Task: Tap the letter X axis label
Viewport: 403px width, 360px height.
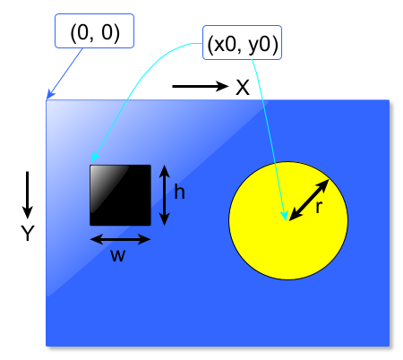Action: [243, 88]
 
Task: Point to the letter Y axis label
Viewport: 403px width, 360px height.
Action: [28, 233]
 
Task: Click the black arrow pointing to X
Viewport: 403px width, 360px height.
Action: [201, 86]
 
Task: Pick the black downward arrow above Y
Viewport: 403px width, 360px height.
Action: [28, 195]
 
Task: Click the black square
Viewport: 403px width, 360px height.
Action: [120, 195]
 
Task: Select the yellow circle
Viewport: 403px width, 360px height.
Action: [288, 221]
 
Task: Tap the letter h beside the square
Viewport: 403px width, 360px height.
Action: [179, 192]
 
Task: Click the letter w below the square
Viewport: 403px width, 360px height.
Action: [118, 256]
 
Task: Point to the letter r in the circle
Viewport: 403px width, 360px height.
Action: [319, 207]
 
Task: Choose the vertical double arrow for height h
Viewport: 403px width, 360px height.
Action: [165, 195]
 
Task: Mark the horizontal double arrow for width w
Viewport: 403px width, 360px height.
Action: [120, 239]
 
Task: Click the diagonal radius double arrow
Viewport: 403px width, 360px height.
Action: [309, 200]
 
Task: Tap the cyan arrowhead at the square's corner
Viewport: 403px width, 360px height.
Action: [95, 157]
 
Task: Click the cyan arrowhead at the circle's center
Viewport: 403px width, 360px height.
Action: [285, 216]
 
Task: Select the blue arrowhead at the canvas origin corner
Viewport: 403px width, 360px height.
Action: [50, 95]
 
